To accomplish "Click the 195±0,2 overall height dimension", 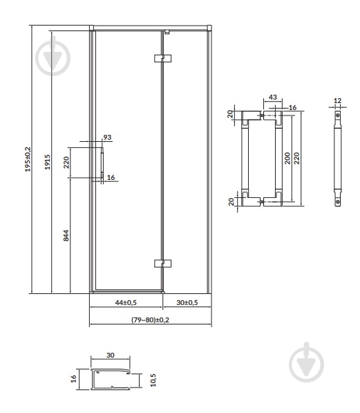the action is click(28, 159).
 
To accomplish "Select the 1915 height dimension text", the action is click(47, 162).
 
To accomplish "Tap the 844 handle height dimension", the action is click(66, 235).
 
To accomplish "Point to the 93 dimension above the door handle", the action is click(107, 137).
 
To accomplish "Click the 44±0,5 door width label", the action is click(126, 302).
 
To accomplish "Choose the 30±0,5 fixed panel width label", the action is click(187, 302).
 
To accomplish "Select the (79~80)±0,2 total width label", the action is click(150, 320).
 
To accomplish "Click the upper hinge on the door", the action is click(162, 58).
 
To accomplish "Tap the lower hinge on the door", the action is click(162, 264).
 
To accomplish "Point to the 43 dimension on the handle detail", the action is click(273, 97).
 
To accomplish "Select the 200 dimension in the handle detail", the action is click(287, 158).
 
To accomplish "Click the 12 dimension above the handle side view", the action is click(337, 100).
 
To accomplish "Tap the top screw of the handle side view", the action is click(338, 115).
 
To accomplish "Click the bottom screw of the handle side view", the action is click(338, 202).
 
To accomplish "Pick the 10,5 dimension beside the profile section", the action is click(153, 380).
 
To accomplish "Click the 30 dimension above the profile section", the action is click(111, 355).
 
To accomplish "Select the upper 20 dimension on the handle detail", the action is click(230, 114).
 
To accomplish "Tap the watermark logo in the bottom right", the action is click(307, 362).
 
